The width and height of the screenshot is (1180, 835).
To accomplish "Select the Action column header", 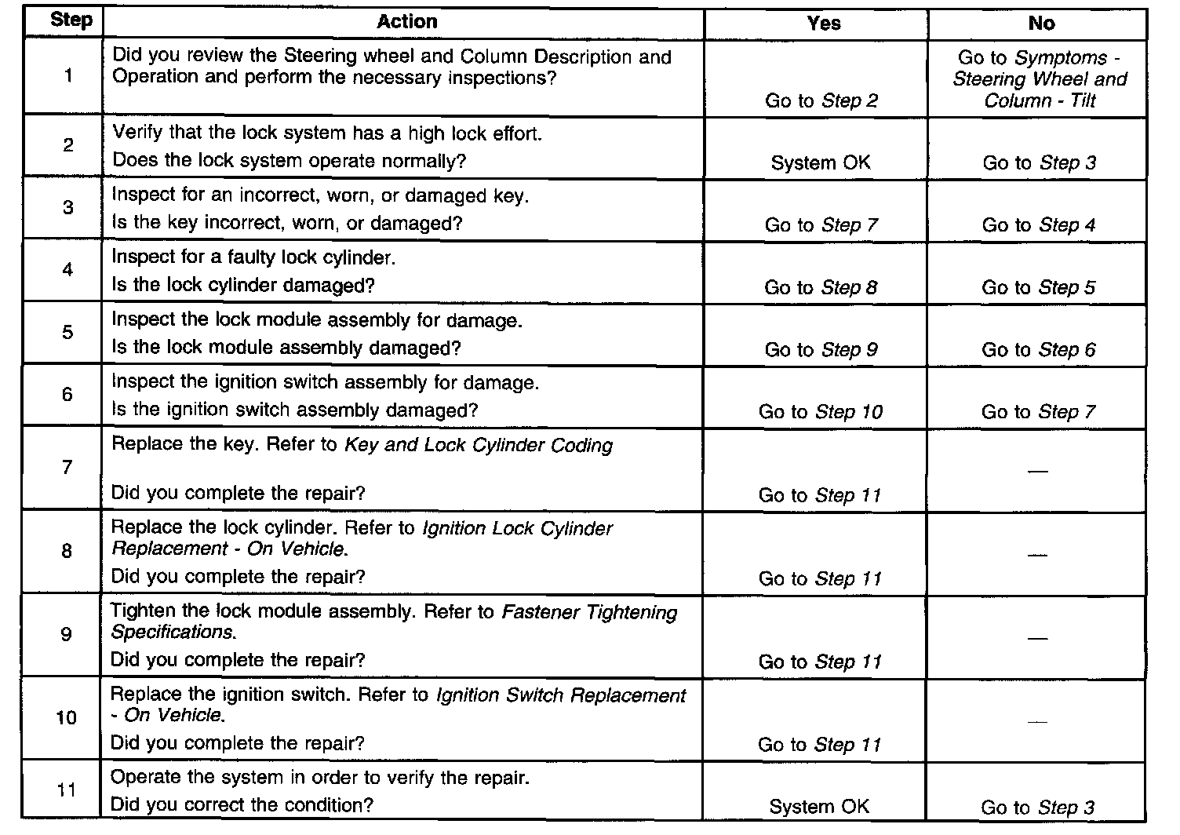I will click(406, 21).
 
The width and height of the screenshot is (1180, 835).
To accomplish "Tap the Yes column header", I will click(823, 24).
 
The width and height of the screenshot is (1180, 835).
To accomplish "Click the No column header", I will click(1040, 24).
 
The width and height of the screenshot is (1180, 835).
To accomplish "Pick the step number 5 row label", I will click(67, 332).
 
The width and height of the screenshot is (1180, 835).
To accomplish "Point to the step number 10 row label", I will click(67, 717).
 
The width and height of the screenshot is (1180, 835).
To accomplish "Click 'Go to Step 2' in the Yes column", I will click(821, 100).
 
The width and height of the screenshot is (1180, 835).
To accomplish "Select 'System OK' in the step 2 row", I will click(820, 162).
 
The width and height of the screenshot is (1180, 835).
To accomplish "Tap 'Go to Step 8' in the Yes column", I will click(821, 287).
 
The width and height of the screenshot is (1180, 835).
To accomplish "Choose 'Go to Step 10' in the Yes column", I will click(820, 412).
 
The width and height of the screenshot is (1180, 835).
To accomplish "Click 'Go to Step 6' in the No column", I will click(1038, 350).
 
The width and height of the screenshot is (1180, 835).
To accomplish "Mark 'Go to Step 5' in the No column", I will click(1038, 287).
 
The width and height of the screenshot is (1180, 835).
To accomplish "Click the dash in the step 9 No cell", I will click(1037, 638).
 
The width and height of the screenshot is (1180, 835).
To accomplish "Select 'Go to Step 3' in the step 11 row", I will click(1037, 808).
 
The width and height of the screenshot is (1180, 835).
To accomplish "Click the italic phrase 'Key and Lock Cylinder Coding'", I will click(479, 445).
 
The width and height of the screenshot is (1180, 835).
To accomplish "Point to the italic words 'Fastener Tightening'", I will click(589, 612).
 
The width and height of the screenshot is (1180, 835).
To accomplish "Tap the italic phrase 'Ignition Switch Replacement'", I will click(560, 695).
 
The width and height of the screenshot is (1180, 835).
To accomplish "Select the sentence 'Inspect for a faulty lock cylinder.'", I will click(253, 257).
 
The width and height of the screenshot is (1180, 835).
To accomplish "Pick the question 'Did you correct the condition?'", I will click(242, 804).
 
